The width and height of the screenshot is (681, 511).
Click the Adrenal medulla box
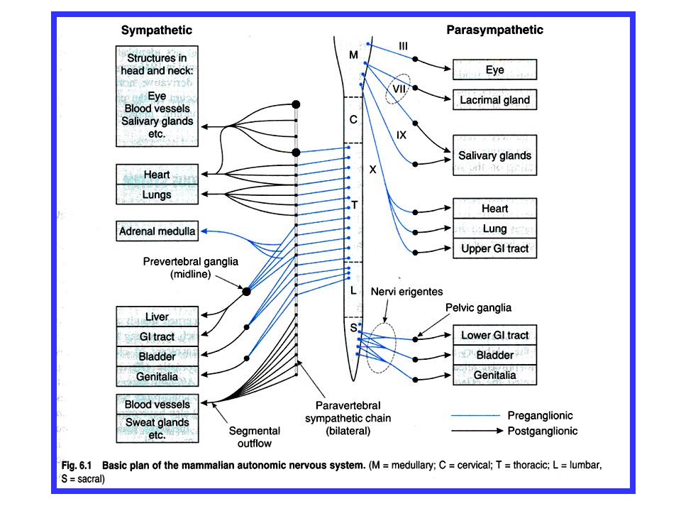pos(157,231)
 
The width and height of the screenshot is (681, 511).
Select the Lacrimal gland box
pos(494,99)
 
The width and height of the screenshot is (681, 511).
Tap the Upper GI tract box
pos(494,248)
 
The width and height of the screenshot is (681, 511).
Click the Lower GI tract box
pos(494,335)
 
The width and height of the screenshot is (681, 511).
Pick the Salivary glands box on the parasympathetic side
pos(494,155)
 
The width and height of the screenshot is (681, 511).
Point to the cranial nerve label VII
pos(399,89)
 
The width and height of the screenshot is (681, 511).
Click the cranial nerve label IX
pos(402,135)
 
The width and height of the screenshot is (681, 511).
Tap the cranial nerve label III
pos(403,46)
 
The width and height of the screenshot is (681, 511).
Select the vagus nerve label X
pos(372,170)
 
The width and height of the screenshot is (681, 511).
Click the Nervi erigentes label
pos(406,292)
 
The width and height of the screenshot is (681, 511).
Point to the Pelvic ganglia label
pos(478,307)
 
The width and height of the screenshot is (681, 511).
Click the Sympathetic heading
pos(156,30)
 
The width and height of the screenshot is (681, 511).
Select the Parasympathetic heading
pos(494,30)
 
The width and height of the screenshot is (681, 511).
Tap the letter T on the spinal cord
pos(355,204)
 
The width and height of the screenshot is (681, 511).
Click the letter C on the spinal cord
pos(353,119)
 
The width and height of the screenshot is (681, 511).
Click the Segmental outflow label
pos(254,437)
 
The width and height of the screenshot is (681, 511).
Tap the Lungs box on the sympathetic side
pos(157,194)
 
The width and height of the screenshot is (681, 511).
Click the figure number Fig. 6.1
pos(77,466)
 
